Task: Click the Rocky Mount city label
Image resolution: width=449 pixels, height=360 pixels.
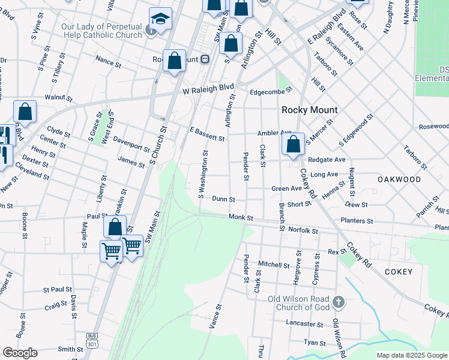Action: [310, 110]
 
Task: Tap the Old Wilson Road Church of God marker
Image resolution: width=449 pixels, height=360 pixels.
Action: [338, 302]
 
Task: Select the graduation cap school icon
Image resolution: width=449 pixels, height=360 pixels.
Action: [160, 20]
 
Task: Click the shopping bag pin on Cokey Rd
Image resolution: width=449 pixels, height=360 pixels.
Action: [293, 145]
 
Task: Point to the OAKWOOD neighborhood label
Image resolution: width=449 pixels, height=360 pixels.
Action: [399, 179]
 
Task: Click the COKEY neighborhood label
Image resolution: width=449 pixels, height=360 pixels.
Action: [395, 272]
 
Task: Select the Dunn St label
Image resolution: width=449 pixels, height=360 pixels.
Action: [223, 199]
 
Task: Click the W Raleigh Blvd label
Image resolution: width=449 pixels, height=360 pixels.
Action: [208, 88]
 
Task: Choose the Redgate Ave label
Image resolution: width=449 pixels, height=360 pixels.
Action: [327, 160]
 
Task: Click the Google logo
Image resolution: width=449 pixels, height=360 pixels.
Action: [20, 352]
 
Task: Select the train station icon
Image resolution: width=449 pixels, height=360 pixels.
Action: [205, 59]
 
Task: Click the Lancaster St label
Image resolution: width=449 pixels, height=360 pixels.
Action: [305, 323]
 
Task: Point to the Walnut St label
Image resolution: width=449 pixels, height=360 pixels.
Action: [58, 98]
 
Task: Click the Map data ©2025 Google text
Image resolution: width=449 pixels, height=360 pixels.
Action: [412, 355]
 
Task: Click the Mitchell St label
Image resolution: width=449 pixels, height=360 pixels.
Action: [274, 264]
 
